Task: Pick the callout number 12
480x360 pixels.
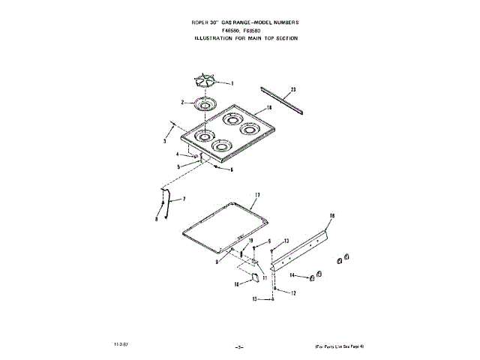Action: [x=294, y=293]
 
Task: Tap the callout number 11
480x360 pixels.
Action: [x=264, y=277]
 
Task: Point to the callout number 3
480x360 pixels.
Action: [x=165, y=140]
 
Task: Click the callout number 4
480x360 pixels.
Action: [x=178, y=154]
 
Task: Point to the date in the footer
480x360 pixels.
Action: [x=120, y=343]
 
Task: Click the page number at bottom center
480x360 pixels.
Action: [x=239, y=345]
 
